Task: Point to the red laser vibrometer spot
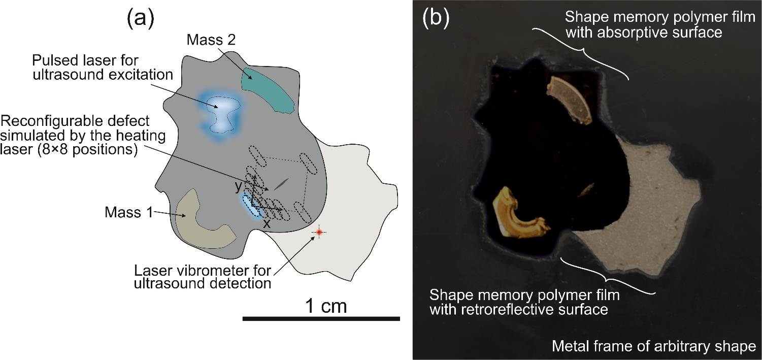tap(319, 232)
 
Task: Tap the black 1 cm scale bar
tap(321, 319)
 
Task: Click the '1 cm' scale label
tap(325, 306)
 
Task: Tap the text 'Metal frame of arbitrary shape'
tap(654, 347)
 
